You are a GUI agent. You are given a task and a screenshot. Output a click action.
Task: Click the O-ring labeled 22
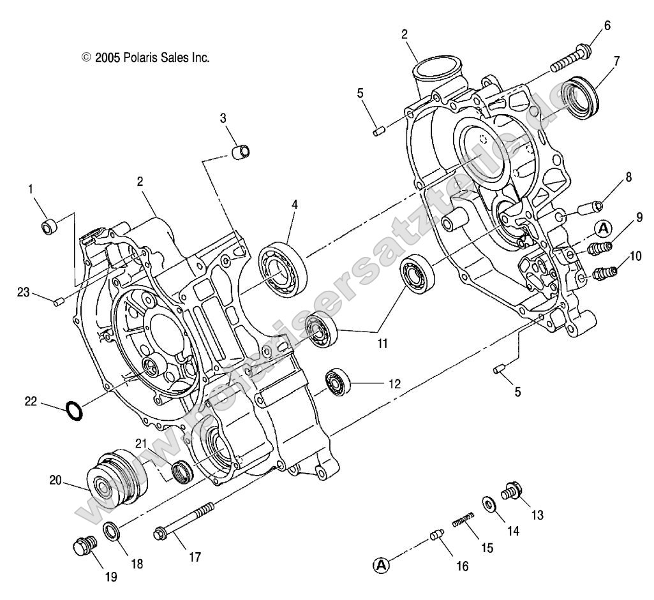pyautogui.click(x=74, y=411)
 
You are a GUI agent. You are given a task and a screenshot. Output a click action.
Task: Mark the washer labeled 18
pyautogui.click(x=111, y=530)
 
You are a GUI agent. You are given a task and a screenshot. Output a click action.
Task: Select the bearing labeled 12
pyautogui.click(x=338, y=381)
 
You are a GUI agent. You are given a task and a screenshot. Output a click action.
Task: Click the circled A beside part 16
pyautogui.click(x=381, y=564)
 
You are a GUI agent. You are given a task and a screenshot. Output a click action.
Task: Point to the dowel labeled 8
pyautogui.click(x=592, y=207)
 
